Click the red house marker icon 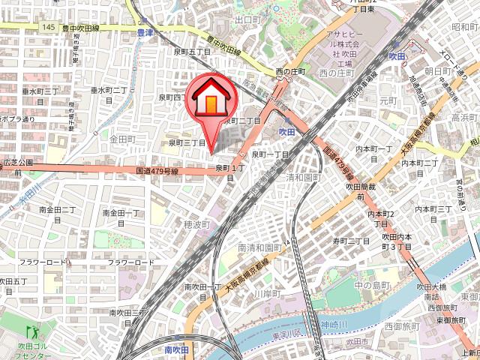(212, 97)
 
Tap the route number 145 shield (49, 27)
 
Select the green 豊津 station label (145, 33)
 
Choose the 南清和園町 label (259, 247)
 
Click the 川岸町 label (265, 295)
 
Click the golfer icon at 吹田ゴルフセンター (32, 330)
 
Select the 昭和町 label (465, 27)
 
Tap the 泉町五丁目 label (191, 52)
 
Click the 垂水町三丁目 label (39, 91)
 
